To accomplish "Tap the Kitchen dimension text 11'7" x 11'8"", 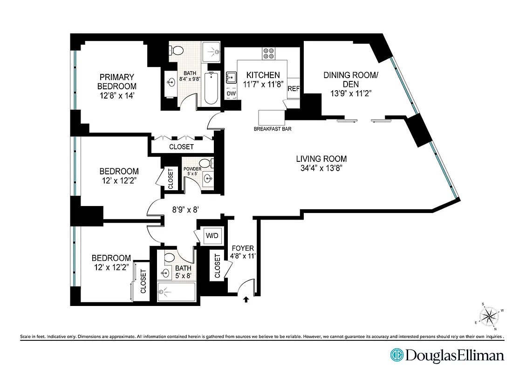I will pos(263,84).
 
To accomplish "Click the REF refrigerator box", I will pos(294,89).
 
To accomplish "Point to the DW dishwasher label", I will pos(231,93).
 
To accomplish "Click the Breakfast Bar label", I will pos(273,129).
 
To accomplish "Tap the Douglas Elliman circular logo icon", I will pos(396,355).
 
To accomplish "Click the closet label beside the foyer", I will pos(217,266).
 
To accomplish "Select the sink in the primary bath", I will pos(170,82).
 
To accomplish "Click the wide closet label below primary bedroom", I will pos(181,146).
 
